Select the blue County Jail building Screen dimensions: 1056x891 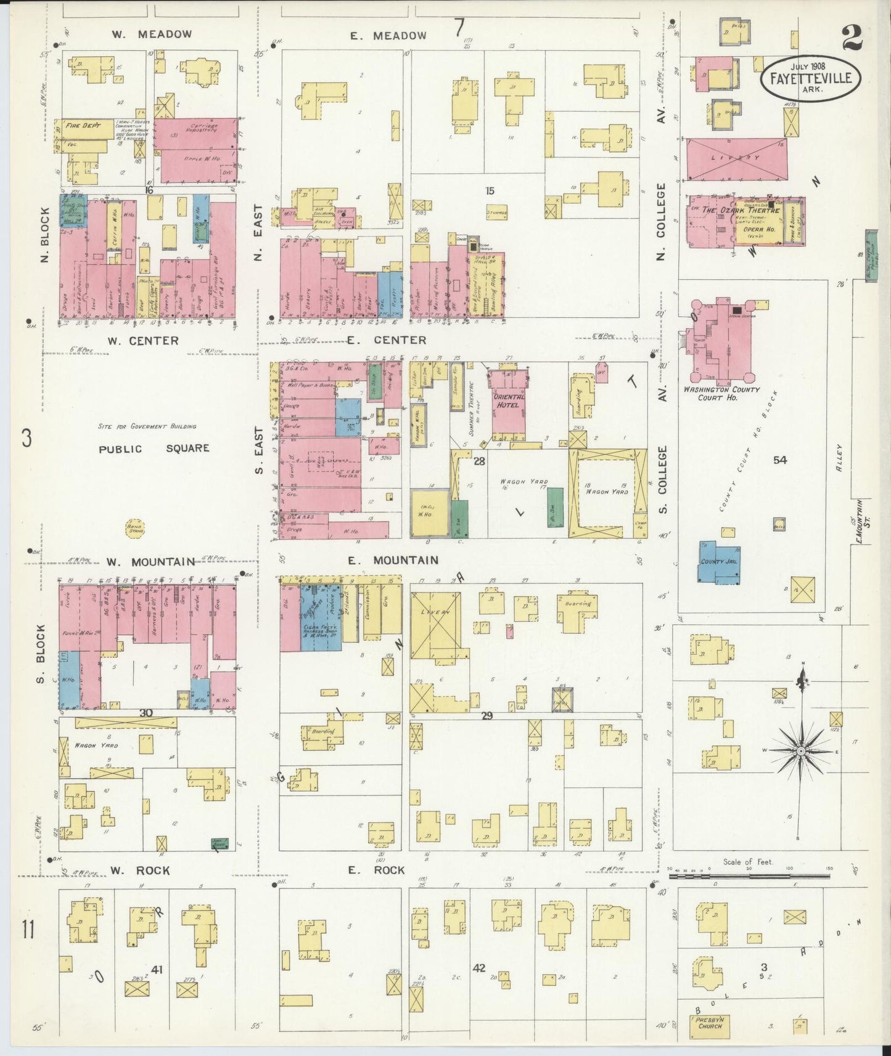click(x=719, y=562)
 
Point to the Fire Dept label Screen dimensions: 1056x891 click(x=83, y=125)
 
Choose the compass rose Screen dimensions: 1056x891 click(x=800, y=751)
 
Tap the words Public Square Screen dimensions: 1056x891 click(x=154, y=449)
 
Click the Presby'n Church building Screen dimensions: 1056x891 click(x=709, y=1023)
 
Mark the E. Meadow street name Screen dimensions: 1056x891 click(x=388, y=36)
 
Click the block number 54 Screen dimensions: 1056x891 click(x=779, y=460)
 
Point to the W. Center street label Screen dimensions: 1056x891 click(x=143, y=341)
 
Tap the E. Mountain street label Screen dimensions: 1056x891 click(x=393, y=560)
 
